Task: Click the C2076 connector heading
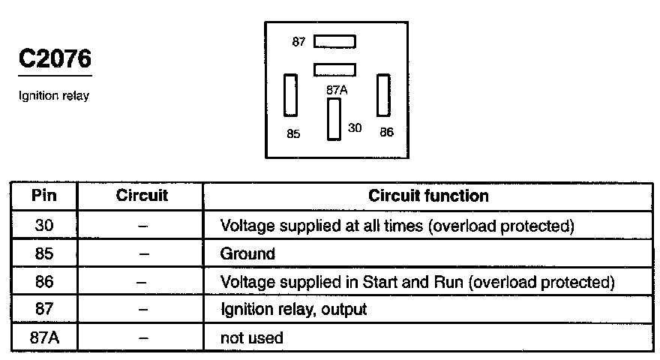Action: (55, 58)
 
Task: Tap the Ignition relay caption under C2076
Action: (54, 96)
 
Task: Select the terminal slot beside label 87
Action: (334, 42)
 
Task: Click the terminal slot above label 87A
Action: (334, 70)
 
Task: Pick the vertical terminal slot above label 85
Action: (290, 95)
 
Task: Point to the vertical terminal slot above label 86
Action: (383, 94)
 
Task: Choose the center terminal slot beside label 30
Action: (334, 119)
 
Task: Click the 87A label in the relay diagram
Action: (337, 90)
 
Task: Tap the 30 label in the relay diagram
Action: (355, 127)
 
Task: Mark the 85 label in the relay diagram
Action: (293, 134)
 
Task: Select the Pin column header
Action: (43, 196)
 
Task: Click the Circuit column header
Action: (142, 195)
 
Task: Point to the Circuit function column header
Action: (428, 196)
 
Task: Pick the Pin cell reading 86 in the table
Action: (44, 282)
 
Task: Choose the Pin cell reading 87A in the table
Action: (44, 337)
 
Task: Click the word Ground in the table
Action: (247, 254)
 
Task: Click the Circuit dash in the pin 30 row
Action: (142, 226)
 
